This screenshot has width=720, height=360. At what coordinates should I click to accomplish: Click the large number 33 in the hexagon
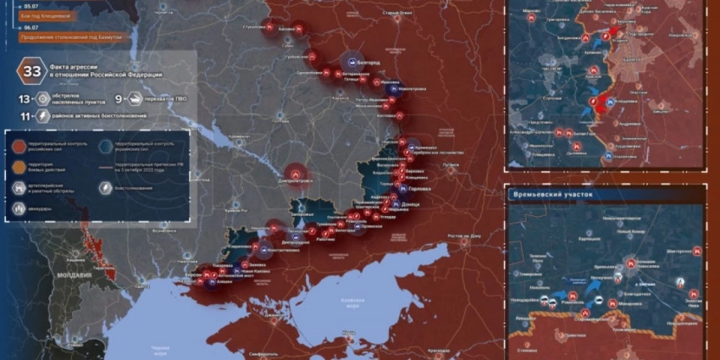tap(31, 71)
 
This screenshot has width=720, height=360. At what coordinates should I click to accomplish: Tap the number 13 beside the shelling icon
tap(24, 97)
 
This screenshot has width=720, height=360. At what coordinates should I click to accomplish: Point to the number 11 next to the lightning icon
tap(24, 115)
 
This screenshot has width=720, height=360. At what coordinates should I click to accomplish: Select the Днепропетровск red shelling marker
tap(295, 174)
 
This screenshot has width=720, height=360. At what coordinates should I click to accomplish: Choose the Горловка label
tap(419, 189)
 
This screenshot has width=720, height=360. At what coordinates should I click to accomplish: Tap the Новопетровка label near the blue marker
tap(413, 89)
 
